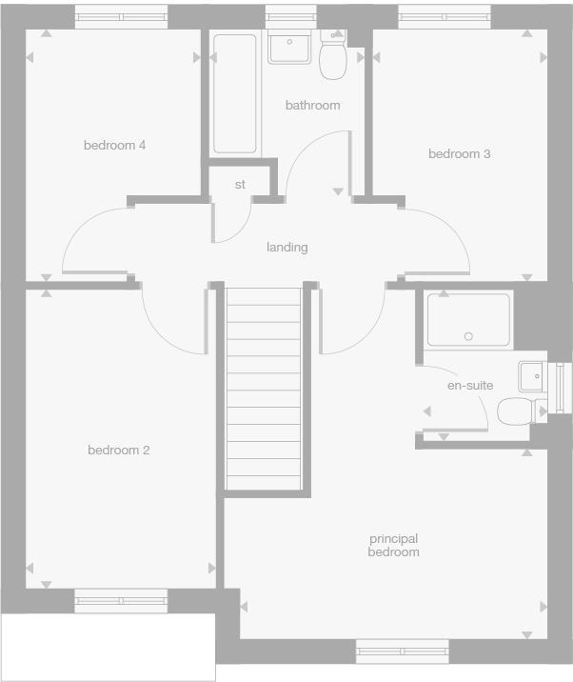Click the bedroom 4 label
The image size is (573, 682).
click(114, 146)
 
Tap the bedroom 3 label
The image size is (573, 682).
click(459, 153)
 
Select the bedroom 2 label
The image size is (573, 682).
click(118, 451)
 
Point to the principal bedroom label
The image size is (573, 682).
click(394, 545)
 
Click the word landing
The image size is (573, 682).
click(286, 248)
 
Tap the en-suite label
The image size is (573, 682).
click(470, 386)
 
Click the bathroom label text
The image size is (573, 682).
click(312, 105)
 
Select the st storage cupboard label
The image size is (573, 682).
click(240, 185)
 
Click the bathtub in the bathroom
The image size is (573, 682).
click(235, 93)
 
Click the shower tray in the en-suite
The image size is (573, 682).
click(468, 320)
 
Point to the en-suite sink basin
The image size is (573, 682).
click(530, 375)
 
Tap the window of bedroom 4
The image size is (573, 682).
click(121, 17)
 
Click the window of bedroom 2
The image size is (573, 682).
click(121, 600)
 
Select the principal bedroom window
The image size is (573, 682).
click(402, 651)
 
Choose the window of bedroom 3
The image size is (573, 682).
click(445, 17)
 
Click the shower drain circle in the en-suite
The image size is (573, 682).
click(467, 336)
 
